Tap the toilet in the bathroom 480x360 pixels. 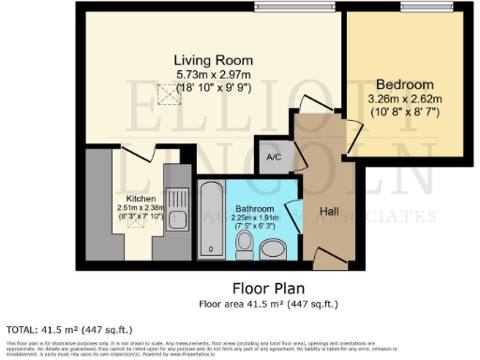[x=244, y=245]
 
